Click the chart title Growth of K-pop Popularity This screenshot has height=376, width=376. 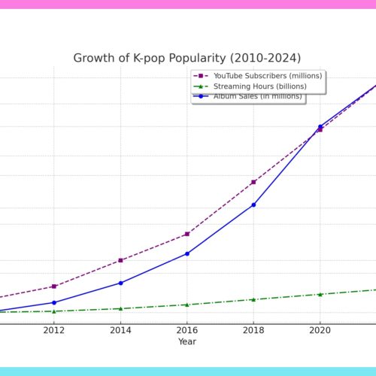187,58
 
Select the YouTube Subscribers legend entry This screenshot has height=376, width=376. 258,76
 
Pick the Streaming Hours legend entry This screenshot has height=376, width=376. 250,86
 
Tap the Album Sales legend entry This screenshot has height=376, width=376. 247,96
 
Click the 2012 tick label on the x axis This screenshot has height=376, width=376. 54,330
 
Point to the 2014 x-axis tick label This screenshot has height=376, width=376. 120,330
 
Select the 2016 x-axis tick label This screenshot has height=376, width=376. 187,330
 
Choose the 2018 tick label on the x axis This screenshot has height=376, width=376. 253,330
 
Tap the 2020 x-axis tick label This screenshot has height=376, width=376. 320,330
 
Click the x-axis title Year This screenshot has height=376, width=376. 187,341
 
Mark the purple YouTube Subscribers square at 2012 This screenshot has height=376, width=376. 54,287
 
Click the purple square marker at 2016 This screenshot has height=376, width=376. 187,234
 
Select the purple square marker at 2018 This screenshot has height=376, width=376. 253,182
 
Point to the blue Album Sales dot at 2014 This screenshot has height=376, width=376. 120,283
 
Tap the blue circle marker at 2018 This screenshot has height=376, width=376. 253,205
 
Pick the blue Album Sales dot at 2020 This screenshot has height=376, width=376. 320,126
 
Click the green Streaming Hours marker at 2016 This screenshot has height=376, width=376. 187,305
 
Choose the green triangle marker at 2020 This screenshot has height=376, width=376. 320,294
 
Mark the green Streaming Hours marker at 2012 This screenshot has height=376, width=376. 54,311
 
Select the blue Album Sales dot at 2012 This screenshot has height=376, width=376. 54,302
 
